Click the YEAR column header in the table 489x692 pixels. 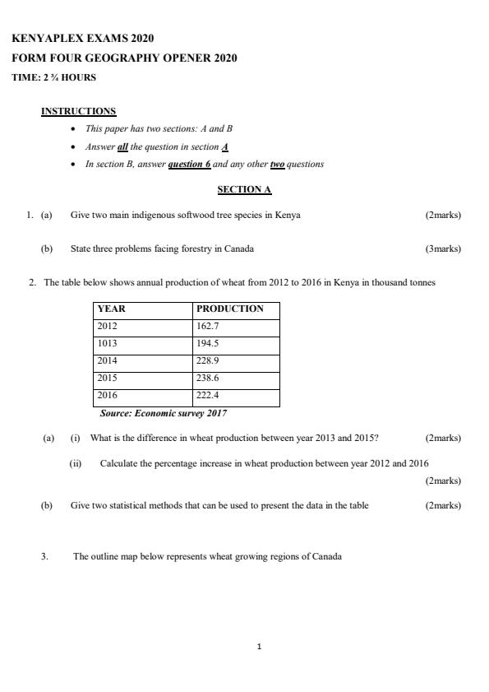tap(112, 309)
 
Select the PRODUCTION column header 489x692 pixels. tap(229, 309)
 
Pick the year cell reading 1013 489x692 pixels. tap(108, 343)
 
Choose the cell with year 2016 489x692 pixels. tap(108, 395)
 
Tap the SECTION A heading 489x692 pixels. tap(244, 189)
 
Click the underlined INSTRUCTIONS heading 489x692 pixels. tap(78, 111)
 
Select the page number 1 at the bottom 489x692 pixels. tap(259, 647)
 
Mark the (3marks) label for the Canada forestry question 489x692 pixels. tap(443, 248)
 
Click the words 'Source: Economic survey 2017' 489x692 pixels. tap(163, 413)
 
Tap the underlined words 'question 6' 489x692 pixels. tap(189, 164)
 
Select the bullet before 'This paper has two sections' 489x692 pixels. tap(74, 129)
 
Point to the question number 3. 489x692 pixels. tap(44, 556)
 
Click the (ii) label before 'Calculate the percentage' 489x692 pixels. tap(76, 463)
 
